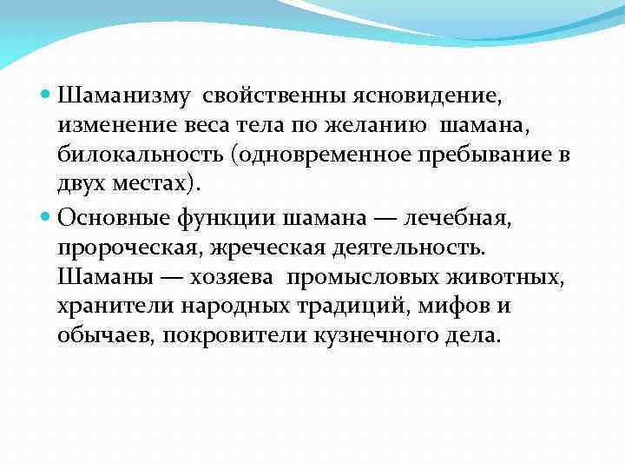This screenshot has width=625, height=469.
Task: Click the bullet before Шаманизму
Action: tap(46, 92)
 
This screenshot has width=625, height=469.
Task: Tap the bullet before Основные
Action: tap(46, 218)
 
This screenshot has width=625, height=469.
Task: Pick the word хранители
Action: tap(116, 307)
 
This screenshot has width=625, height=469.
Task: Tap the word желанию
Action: tap(381, 124)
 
